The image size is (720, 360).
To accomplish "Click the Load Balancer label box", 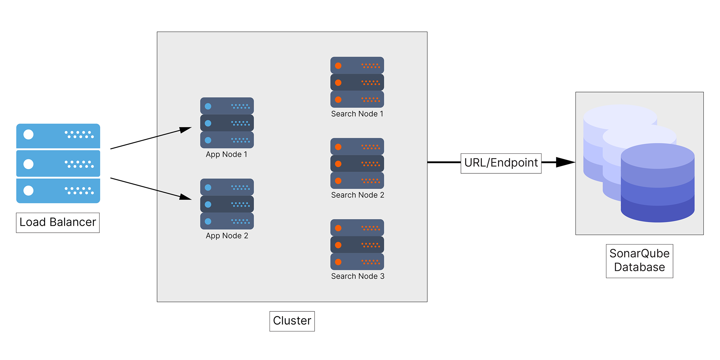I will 58,222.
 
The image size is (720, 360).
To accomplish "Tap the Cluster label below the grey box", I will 292,321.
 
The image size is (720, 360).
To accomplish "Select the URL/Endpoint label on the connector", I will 501,163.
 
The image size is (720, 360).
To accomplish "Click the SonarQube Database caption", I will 639,261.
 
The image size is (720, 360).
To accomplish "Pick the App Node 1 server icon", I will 227,123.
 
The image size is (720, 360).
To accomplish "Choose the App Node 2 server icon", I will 227,204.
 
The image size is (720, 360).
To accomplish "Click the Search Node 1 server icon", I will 357,82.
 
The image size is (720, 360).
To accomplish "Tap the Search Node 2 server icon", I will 357,163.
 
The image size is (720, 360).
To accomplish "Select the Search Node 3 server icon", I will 357,244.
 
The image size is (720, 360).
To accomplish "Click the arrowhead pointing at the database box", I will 565,162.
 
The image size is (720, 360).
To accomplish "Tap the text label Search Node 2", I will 357,195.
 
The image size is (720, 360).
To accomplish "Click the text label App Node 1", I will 226,155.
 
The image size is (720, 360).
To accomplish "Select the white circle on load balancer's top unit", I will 29,135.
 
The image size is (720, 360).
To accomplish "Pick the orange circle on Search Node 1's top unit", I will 338,66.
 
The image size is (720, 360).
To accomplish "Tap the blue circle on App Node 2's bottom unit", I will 208,221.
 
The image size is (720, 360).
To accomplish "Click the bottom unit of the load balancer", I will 58,191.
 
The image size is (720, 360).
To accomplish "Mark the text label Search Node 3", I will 357,276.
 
